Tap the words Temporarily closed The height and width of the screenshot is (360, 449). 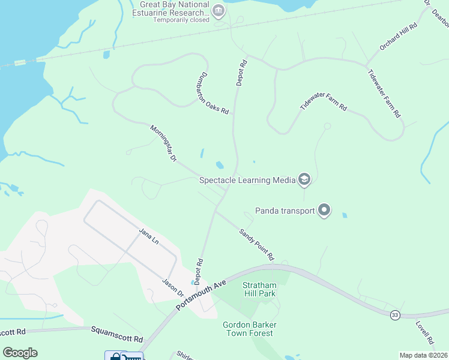[x=181, y=19]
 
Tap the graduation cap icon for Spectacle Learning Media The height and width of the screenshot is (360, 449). [x=304, y=179]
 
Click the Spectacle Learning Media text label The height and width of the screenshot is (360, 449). [x=247, y=179]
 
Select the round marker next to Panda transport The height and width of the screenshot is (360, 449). [x=324, y=210]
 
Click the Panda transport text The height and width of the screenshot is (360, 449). [x=285, y=211]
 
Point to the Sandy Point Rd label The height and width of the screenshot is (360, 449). [x=256, y=244]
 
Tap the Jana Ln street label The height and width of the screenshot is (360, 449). [x=148, y=236]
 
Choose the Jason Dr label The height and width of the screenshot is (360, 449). [x=173, y=288]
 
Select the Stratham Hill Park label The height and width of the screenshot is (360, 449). [x=259, y=289]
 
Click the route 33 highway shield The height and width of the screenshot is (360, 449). [x=394, y=315]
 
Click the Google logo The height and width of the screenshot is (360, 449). [x=20, y=353]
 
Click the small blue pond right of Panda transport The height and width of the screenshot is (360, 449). [x=344, y=215]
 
